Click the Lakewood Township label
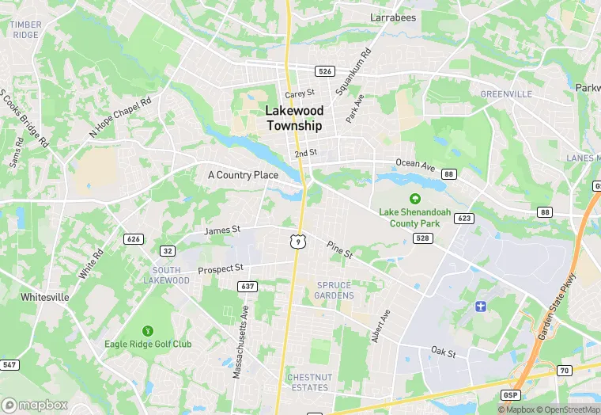coord(294,118)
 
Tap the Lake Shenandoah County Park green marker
coord(414,198)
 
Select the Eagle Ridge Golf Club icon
coord(147,330)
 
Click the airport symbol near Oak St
coord(478,306)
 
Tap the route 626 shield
coord(133,238)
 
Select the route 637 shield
coord(248,286)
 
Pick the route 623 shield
coord(463,218)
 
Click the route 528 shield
coord(424,238)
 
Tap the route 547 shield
coord(9,364)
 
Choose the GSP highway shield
coord(511,394)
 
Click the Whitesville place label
coord(45,297)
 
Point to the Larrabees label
coord(393,16)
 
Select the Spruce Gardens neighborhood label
coord(335,290)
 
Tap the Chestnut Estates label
coord(308,382)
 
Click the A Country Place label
coord(243,174)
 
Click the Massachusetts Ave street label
coord(240,341)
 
